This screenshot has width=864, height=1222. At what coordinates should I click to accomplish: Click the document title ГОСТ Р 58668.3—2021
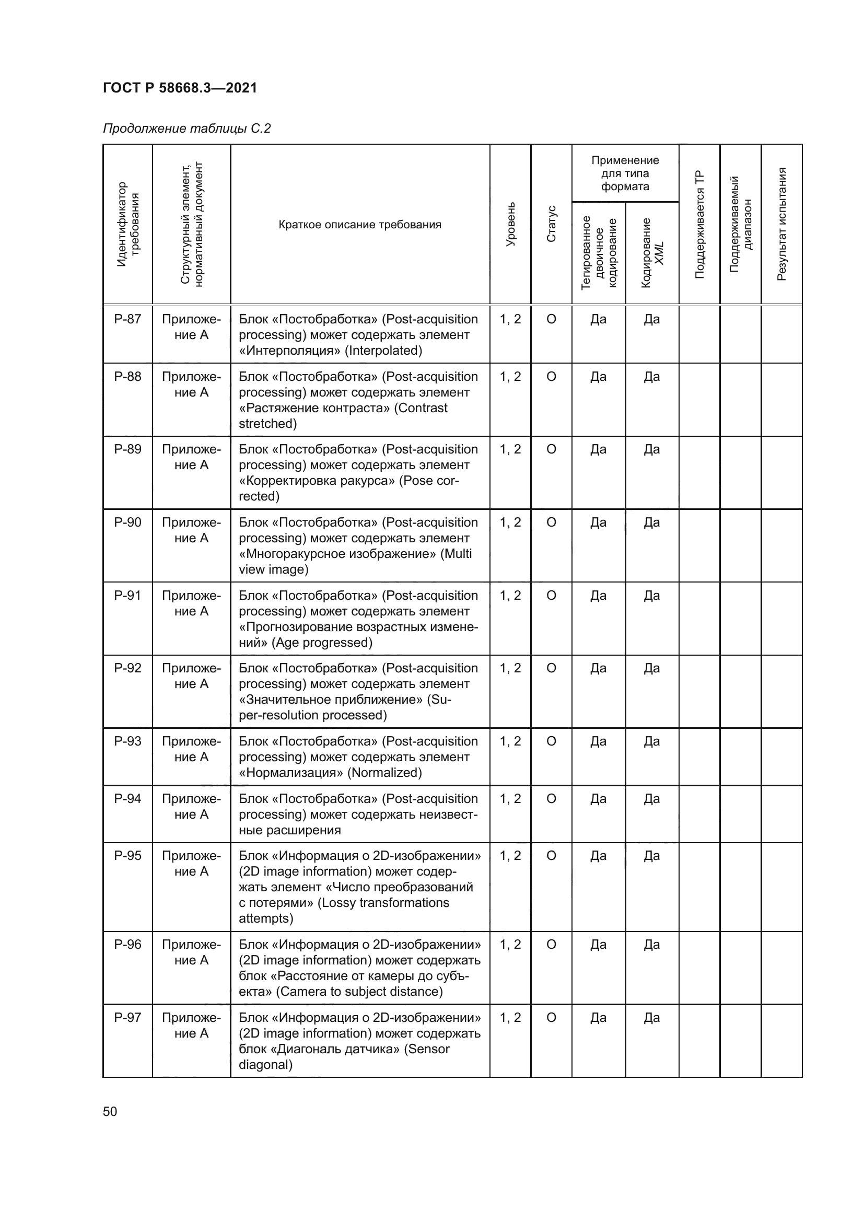coord(180,88)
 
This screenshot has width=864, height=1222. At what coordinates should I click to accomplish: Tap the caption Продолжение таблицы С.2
coord(186,129)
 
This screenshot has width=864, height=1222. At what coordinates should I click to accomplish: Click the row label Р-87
coord(127,319)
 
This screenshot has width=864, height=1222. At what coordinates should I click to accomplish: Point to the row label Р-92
coord(127,668)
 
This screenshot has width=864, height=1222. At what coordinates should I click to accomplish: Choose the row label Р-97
coord(127,1018)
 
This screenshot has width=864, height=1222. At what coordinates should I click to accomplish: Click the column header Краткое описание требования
coord(359,225)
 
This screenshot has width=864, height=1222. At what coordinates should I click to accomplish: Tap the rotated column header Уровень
coord(510,224)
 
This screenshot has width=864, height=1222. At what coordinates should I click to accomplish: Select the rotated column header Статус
coord(551,224)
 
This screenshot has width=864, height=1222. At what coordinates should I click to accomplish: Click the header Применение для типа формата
coord(625,173)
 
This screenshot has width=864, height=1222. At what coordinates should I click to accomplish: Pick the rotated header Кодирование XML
coord(652,253)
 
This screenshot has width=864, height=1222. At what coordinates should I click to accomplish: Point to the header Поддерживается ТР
coord(699,224)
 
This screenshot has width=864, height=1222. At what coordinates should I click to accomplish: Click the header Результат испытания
coord(781,224)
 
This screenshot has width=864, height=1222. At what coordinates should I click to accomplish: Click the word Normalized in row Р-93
coord(384,773)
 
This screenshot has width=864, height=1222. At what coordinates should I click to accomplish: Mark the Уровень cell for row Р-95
coord(510,856)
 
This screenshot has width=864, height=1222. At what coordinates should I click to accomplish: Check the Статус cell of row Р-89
coord(551,450)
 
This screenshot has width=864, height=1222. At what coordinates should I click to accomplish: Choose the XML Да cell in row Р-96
coord(652,945)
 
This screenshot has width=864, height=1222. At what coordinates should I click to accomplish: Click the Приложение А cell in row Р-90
coord(191,530)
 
